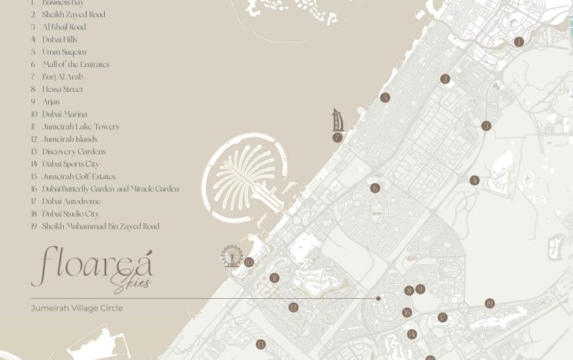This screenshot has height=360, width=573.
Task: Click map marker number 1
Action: click(519, 42)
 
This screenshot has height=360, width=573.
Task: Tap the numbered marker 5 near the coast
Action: click(385, 98)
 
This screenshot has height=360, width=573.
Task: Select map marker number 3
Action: click(486, 126)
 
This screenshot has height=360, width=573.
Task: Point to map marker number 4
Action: click(475, 180)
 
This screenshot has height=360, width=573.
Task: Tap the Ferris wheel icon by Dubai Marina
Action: click(232, 256)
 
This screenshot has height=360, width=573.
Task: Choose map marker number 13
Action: click(260, 344)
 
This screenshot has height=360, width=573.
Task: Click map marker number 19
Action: click(490, 303)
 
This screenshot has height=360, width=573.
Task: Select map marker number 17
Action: click(442, 318)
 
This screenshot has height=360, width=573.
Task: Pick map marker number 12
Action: click(293, 307)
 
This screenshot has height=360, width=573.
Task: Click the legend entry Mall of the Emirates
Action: click(76, 64)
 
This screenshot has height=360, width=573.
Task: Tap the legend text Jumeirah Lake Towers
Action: click(80, 127)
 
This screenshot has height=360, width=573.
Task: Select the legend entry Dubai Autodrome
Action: click(71, 202)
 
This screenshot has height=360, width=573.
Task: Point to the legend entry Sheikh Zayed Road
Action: click(74, 15)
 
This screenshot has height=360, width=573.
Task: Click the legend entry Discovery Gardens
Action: click(74, 152)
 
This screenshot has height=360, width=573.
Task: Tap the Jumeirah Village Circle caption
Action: click(77, 308)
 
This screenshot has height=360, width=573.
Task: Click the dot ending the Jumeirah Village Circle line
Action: click(378, 299)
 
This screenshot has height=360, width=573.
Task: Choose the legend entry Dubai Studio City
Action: click(70, 214)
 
